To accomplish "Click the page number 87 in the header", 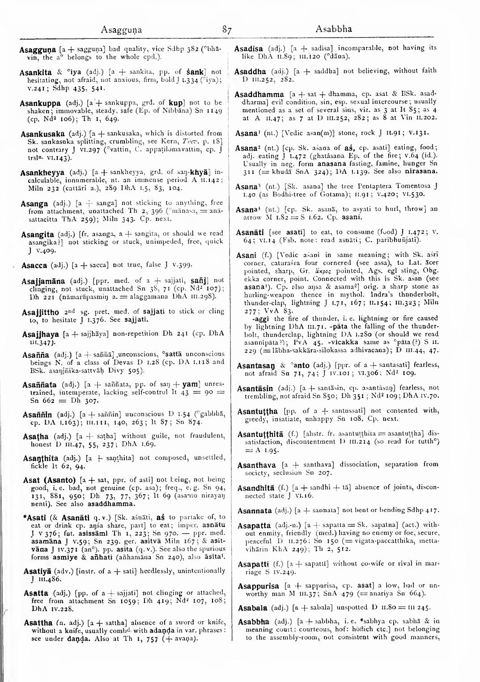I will (227, 30).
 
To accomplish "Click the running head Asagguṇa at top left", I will (121, 30).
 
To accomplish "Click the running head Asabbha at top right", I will (334, 30).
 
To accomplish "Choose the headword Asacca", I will (34, 266).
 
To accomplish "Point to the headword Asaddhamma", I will (259, 95).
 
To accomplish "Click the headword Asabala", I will (252, 609).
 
